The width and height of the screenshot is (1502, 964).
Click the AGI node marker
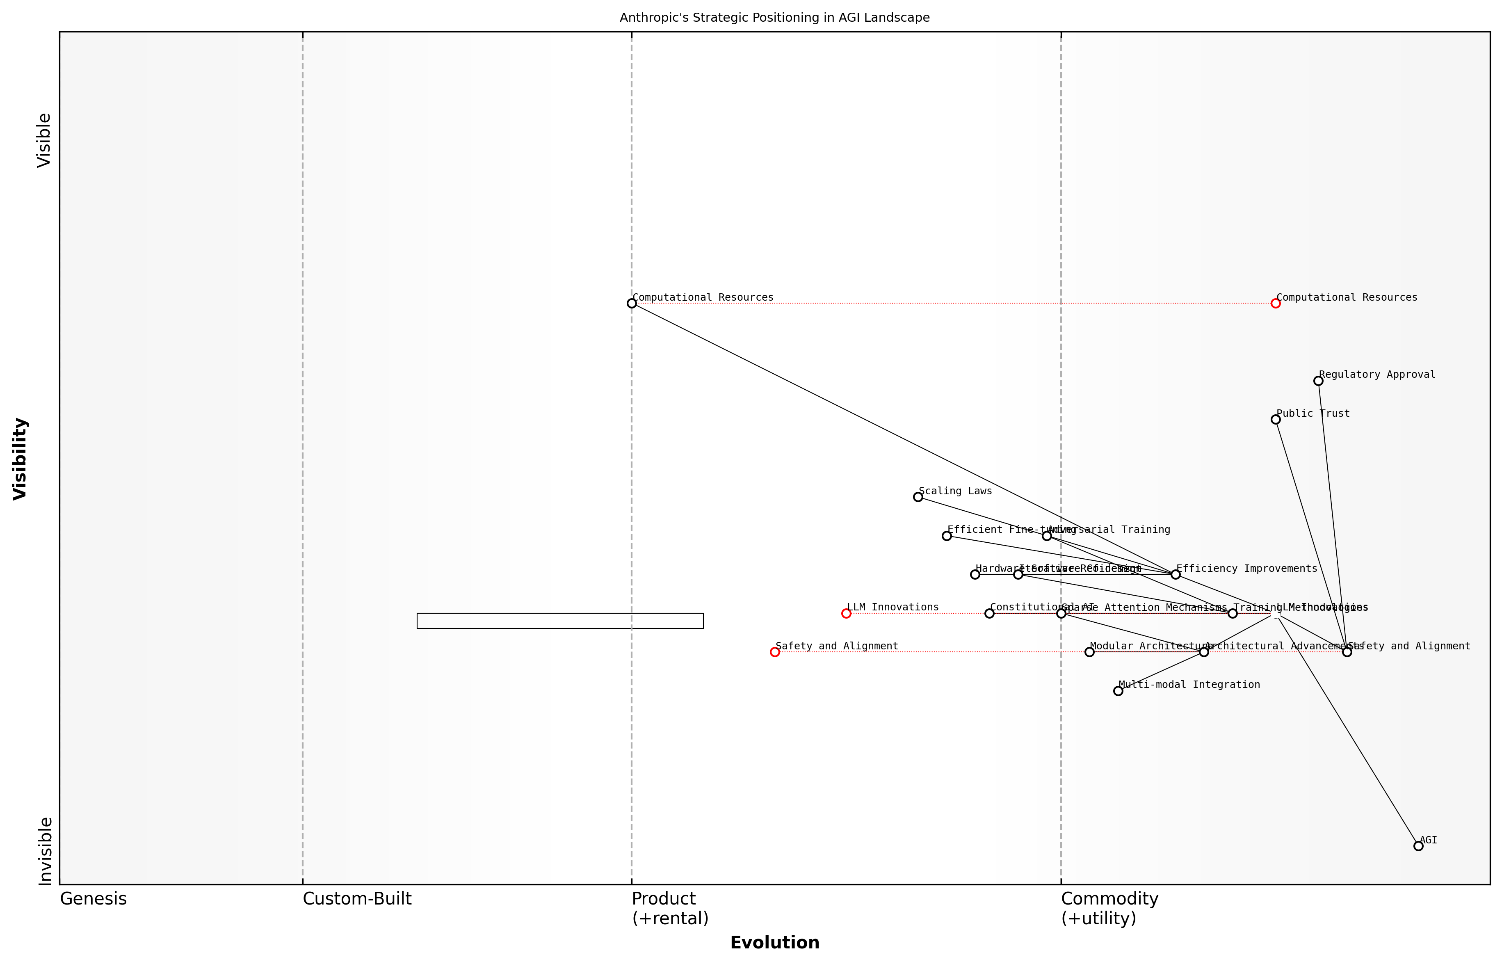1418,846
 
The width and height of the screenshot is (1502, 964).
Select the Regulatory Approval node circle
1318,381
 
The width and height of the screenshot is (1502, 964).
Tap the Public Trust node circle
1276,419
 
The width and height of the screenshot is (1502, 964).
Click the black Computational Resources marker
632,303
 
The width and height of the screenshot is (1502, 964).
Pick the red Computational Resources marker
1276,303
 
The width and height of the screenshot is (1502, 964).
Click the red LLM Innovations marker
846,613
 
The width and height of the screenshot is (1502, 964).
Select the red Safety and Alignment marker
775,652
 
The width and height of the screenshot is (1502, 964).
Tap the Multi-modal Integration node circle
1118,691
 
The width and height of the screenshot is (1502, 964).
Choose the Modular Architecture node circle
1089,652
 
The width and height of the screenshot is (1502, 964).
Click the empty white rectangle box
560,620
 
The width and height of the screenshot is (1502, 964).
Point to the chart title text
775,18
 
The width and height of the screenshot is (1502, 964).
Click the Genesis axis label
93,899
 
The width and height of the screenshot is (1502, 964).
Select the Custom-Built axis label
357,899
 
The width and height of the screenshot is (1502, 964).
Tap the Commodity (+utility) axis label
1109,908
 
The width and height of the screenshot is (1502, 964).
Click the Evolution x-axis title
775,943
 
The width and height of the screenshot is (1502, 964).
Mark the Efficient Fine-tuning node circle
946,536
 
